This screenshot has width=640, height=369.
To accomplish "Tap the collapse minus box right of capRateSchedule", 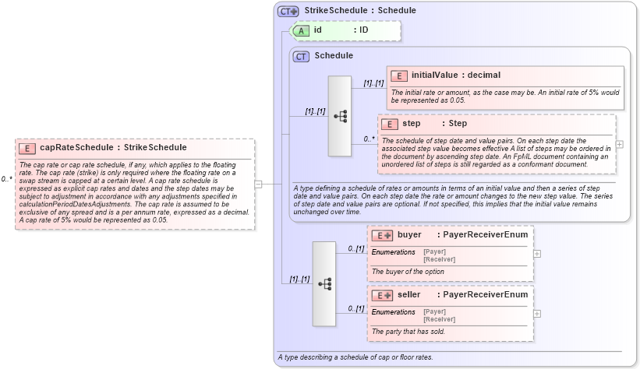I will point(258,184).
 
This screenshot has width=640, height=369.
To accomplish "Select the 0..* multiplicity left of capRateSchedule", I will point(7,179).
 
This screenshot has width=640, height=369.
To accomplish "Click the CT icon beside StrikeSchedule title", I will point(288,11).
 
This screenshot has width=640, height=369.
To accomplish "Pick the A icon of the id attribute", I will point(300,30).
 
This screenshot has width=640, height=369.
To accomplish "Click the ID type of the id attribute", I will point(363,30).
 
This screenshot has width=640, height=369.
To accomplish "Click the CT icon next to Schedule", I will point(301,56).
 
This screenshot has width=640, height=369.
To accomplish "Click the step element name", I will point(411,124).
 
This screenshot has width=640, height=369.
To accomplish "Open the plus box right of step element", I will point(619,144).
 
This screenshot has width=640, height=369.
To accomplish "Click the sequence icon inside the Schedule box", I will point(341,116).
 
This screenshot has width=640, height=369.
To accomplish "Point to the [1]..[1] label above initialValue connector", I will point(373,83).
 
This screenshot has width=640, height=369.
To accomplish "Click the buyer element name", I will point(409,235).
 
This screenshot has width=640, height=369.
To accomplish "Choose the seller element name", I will point(409,295).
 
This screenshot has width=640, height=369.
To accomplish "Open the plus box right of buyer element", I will point(537,254).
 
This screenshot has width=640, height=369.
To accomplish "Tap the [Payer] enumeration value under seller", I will point(434,311).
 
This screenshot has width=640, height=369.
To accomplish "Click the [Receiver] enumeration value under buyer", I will point(439,258).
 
